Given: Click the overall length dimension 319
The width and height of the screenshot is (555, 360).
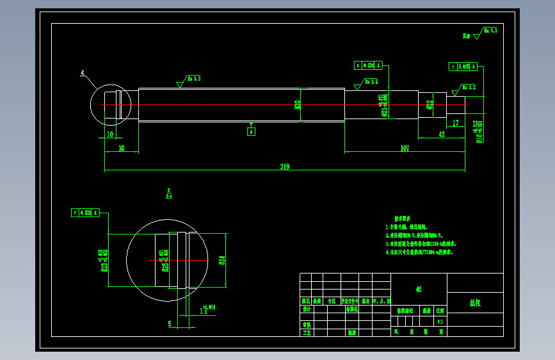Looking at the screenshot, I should (285, 167).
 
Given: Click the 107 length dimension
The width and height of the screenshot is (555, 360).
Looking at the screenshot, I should (405, 149).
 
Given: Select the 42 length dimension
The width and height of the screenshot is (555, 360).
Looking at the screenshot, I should (442, 134).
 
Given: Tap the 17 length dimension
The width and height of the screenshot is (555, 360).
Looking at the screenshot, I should (455, 122).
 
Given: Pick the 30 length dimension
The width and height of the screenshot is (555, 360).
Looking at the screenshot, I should (121, 149).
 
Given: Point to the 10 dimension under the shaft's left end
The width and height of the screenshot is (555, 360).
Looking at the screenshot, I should (110, 134).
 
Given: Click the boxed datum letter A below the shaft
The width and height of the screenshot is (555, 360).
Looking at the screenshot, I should (252, 131).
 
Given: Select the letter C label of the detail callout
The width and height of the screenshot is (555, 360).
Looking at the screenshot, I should (83, 73).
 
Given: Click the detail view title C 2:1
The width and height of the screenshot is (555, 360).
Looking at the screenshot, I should (169, 193).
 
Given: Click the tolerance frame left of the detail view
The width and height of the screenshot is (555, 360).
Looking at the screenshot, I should (85, 213).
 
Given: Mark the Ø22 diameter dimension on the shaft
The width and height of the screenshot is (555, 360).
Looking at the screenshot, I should (429, 104).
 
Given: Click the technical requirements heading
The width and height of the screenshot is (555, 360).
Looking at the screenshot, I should (403, 219).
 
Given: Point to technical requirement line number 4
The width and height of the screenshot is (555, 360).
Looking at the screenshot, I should (419, 252).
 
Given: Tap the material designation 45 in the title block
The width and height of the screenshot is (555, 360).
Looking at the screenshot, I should (418, 289).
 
